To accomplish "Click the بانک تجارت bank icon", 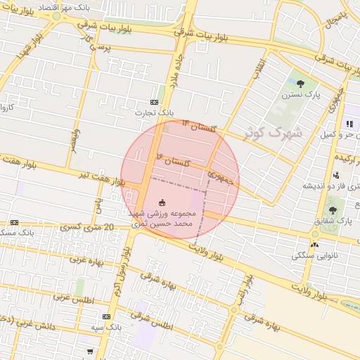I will click(x=154, y=103).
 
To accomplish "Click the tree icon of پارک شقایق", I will click(x=333, y=210).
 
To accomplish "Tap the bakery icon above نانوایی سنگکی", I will click(x=314, y=245).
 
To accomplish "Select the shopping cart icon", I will click(x=89, y=350).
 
